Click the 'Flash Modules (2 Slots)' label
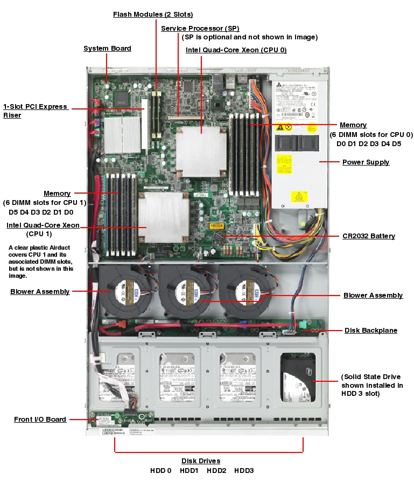[x=152, y=14]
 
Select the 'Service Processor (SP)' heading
[x=200, y=28]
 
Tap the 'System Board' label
[x=107, y=49]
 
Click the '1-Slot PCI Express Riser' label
[x=36, y=111]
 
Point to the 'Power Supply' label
[x=366, y=162]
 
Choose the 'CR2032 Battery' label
[x=368, y=236]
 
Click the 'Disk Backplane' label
[x=370, y=330]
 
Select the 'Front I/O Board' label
[x=40, y=419]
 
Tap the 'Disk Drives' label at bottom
[x=200, y=461]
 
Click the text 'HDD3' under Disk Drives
[x=243, y=470]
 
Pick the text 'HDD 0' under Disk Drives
[x=160, y=470]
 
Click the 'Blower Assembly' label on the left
[x=40, y=292]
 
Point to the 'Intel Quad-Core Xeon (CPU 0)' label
[x=236, y=50]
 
